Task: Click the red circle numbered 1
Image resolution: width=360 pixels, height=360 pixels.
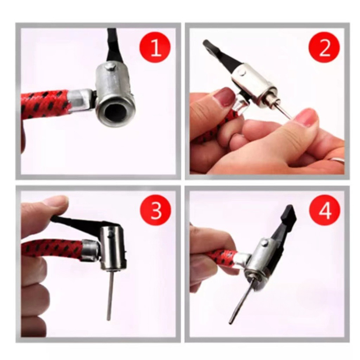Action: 155,48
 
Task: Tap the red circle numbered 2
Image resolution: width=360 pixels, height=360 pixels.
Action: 324,48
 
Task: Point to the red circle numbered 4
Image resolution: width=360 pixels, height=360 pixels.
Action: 324,211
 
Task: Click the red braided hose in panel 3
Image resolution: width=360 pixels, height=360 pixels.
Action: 52,250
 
